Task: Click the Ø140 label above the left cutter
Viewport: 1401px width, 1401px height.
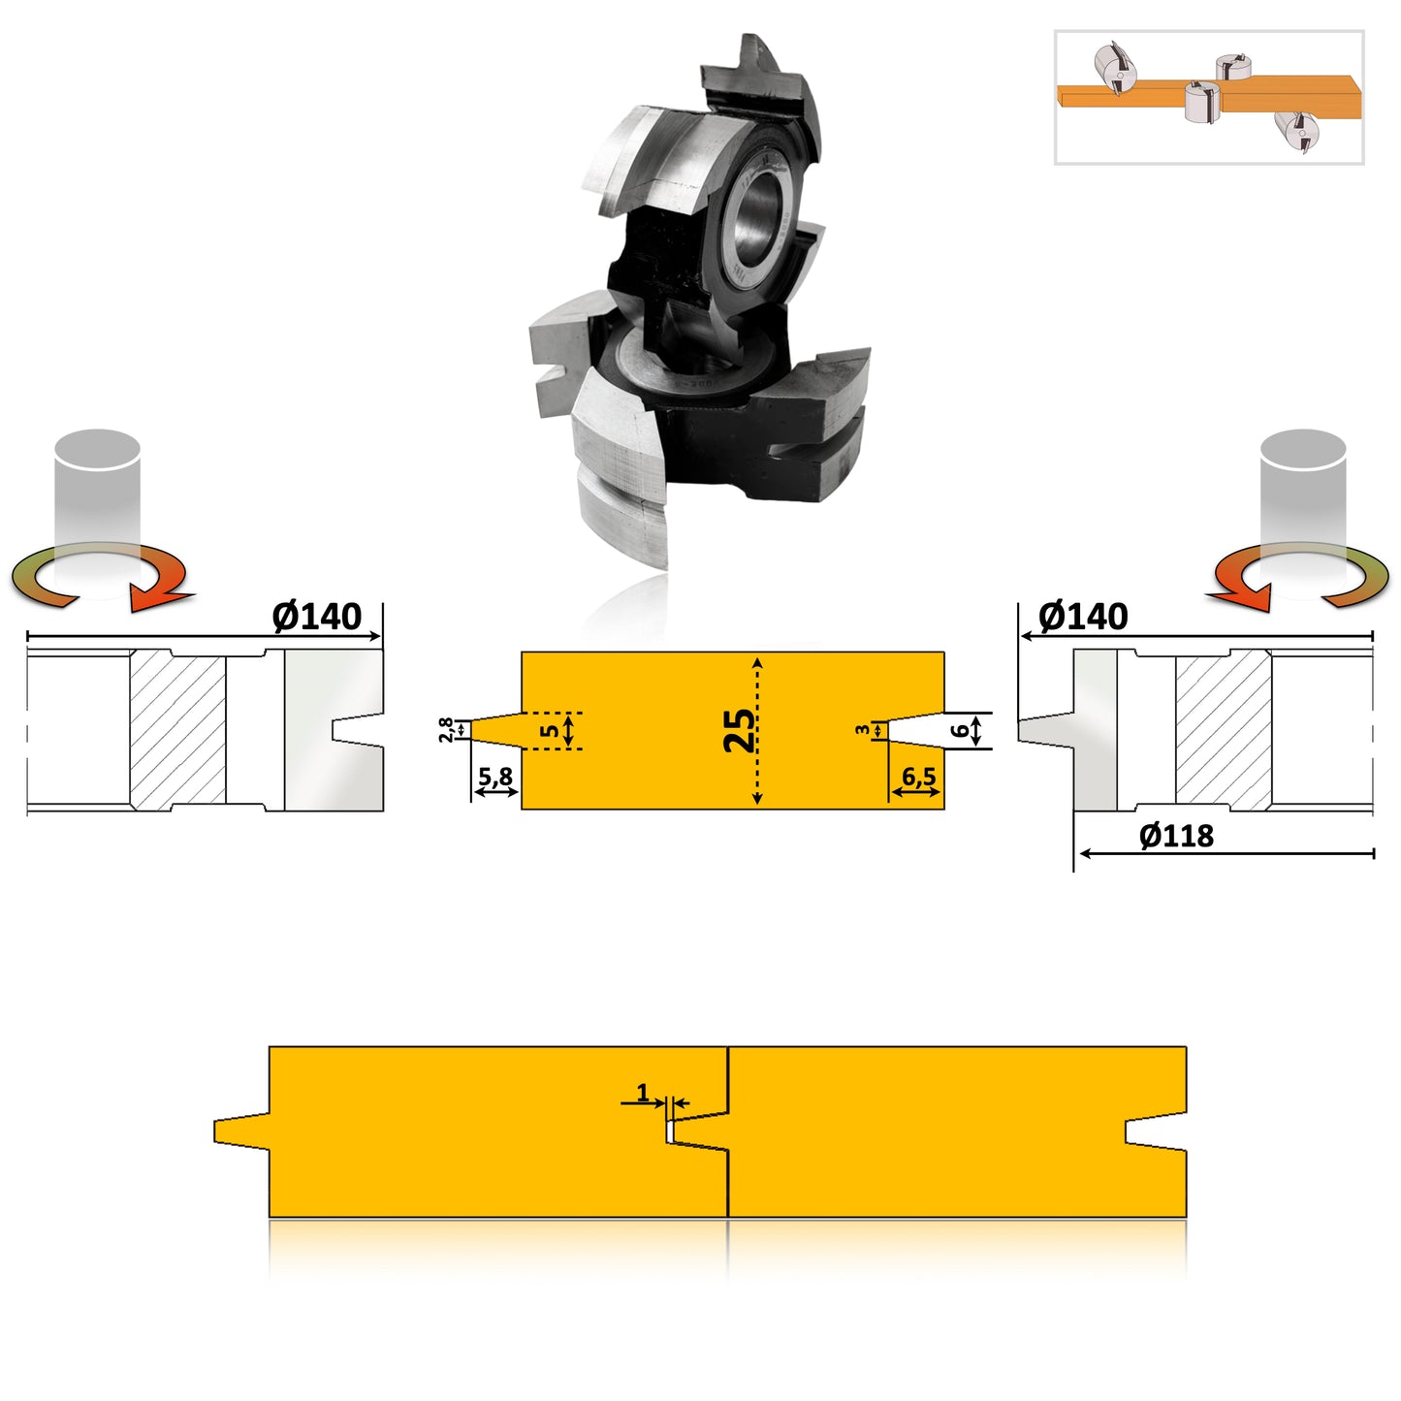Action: click(x=316, y=617)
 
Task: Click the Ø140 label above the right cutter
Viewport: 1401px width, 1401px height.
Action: click(x=1082, y=617)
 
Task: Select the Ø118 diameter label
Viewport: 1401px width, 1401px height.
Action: click(x=1175, y=836)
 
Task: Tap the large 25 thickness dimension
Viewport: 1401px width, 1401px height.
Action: click(x=740, y=730)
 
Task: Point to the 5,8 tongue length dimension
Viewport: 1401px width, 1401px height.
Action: click(x=495, y=778)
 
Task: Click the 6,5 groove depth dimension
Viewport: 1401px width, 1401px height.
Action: click(x=918, y=778)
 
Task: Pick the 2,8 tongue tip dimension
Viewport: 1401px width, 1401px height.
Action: click(x=446, y=729)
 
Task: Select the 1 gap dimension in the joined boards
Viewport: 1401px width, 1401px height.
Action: click(x=643, y=1093)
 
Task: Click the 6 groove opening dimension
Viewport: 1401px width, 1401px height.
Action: click(x=960, y=730)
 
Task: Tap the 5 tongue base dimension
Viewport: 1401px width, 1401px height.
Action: click(x=550, y=730)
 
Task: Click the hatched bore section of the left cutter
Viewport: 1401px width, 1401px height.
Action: click(x=177, y=729)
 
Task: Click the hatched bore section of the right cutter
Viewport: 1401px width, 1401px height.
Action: click(x=1223, y=729)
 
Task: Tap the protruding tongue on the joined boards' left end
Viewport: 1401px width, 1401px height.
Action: click(x=241, y=1130)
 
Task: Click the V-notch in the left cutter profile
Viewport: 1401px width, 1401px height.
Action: click(x=357, y=729)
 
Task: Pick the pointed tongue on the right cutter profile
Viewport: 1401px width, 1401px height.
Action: click(x=1045, y=729)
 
